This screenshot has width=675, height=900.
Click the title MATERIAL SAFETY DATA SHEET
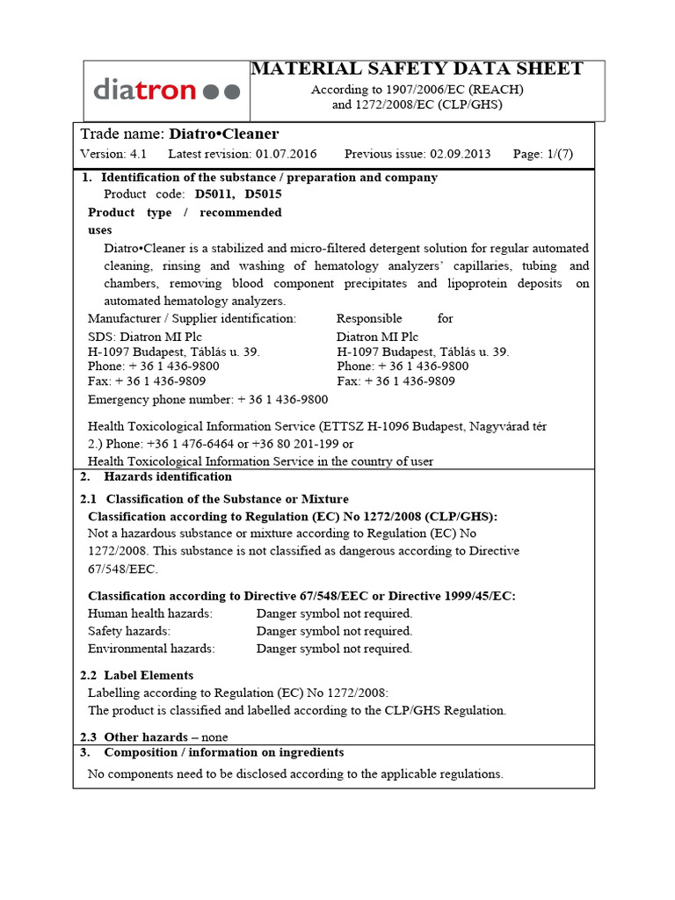click(x=417, y=69)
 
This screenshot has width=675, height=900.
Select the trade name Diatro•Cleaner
click(x=223, y=134)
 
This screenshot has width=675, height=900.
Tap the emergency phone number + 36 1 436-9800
click(x=282, y=400)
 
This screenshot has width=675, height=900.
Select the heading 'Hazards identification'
click(x=168, y=476)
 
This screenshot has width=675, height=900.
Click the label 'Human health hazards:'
click(x=150, y=613)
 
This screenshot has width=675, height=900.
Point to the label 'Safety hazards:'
click(x=129, y=631)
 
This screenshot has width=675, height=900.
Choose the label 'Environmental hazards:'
click(x=151, y=649)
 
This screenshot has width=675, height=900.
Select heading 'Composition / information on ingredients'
click(x=224, y=752)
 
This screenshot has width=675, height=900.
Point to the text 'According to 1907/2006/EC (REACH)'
click(x=417, y=90)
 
